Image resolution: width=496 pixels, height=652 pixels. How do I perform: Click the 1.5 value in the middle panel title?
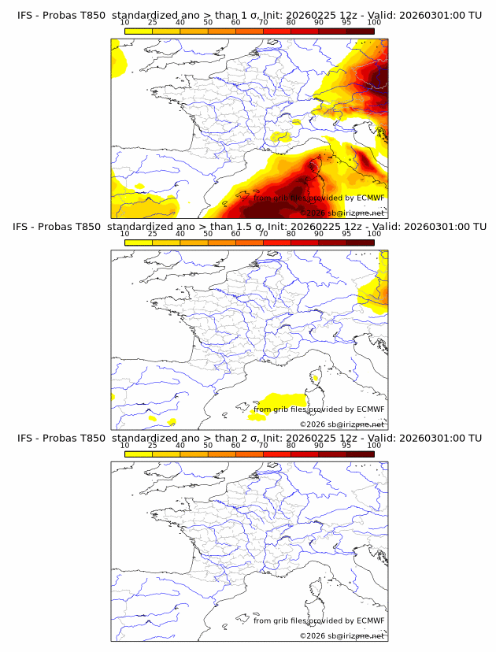[x=238, y=227]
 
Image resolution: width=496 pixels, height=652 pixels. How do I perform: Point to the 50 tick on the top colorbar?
[x=208, y=22]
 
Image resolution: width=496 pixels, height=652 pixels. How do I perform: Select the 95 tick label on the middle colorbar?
[x=346, y=234]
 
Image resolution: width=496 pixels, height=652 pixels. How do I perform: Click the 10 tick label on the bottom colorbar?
[x=124, y=445]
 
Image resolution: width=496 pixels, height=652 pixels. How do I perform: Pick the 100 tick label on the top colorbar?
[x=374, y=22]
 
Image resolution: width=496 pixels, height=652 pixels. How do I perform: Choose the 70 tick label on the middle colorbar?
[x=263, y=234]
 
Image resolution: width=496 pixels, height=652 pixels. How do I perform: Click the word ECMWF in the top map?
[x=371, y=198]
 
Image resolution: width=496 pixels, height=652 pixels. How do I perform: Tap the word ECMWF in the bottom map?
[x=371, y=621]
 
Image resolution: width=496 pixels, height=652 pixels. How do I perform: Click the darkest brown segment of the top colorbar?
[x=360, y=31]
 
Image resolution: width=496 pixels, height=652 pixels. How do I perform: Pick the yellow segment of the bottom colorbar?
[x=139, y=454]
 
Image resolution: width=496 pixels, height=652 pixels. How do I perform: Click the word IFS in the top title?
[x=25, y=15]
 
